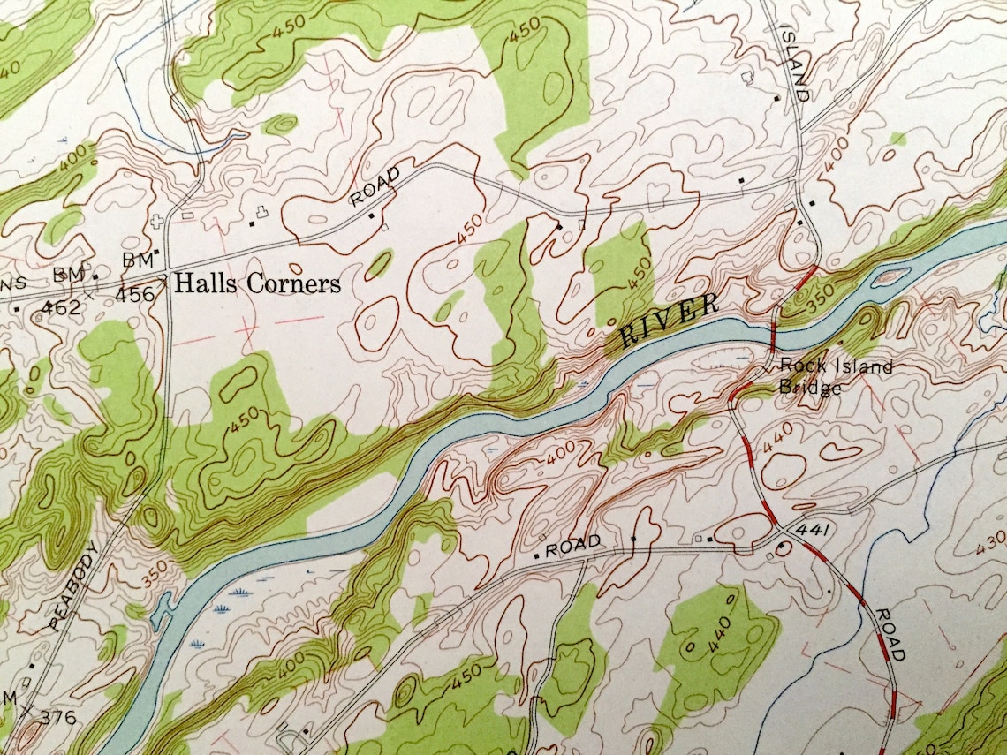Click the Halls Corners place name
pos(257,284)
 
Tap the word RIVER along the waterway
pos(670,321)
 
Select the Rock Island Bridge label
pos(835,376)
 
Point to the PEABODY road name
pos(73,585)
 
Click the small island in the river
pos(890,278)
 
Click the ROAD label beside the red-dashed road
pos(890,634)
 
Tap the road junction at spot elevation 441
pos(780,529)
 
